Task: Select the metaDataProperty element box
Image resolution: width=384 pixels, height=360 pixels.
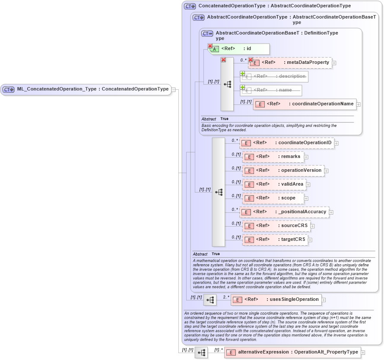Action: pos(290,63)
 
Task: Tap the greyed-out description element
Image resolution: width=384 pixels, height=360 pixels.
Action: pos(274,76)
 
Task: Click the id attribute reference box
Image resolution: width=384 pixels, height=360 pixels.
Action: pos(240,49)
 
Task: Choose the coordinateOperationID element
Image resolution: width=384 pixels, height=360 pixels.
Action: pos(287,143)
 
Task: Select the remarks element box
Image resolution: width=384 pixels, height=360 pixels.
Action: pos(273,157)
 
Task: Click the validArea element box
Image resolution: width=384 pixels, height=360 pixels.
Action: pos(274,184)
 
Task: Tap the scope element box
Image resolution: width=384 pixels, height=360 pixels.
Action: pos(273,198)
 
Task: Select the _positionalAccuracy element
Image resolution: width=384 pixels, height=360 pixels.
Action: pos(285,212)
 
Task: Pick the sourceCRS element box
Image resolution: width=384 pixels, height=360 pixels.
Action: pos(276,226)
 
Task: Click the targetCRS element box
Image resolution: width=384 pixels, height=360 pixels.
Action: pos(275,240)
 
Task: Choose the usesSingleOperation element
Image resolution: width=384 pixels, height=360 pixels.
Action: pos(276,300)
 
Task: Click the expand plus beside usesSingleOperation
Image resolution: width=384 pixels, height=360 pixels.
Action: pos(324,300)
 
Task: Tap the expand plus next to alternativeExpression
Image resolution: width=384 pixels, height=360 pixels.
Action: pos(363,353)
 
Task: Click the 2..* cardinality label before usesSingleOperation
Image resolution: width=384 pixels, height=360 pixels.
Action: pos(226,297)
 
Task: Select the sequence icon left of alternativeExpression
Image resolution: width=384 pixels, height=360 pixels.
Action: pos(201,353)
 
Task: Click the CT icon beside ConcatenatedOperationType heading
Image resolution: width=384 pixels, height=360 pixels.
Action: pos(190,6)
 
